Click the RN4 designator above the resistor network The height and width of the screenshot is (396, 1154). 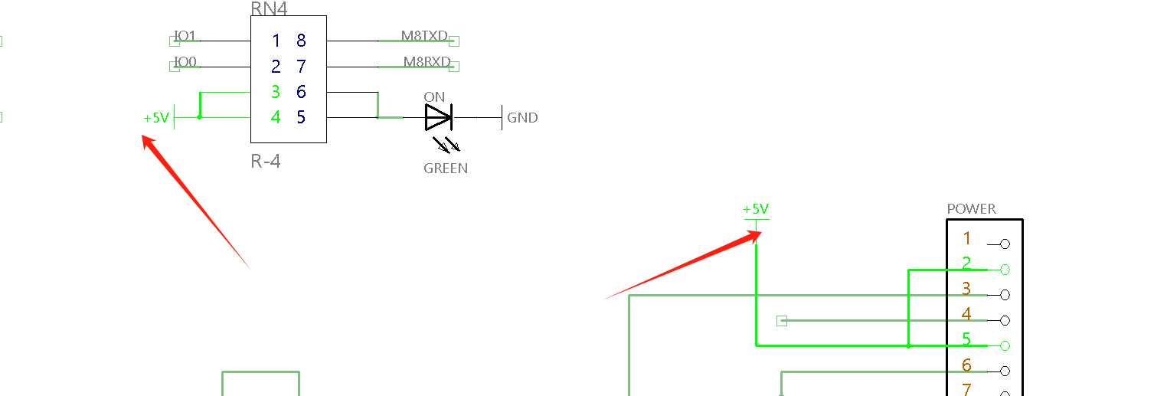tap(269, 8)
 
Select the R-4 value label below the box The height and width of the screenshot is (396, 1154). tap(265, 162)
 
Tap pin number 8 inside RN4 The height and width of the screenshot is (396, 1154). tap(301, 41)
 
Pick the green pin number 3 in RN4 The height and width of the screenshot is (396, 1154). tap(276, 93)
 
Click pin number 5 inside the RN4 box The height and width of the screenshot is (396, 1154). tap(301, 118)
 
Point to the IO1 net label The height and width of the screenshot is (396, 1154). tap(185, 36)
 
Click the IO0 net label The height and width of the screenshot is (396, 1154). tap(185, 61)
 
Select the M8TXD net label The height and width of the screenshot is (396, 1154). tap(424, 36)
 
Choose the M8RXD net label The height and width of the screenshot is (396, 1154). tap(426, 61)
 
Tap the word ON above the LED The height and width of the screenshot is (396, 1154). tap(434, 97)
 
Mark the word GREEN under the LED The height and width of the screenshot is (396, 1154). tap(446, 169)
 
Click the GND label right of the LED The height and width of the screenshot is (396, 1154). tap(522, 118)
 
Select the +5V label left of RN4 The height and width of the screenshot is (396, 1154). tap(155, 118)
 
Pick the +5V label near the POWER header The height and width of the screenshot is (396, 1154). tap(756, 209)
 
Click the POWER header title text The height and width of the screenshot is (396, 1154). tap(971, 209)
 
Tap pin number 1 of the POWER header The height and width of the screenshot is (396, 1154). tap(967, 238)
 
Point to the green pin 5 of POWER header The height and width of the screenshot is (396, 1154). tap(967, 339)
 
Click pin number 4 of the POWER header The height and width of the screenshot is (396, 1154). tap(967, 314)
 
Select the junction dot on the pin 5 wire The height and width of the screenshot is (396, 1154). tap(908, 345)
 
